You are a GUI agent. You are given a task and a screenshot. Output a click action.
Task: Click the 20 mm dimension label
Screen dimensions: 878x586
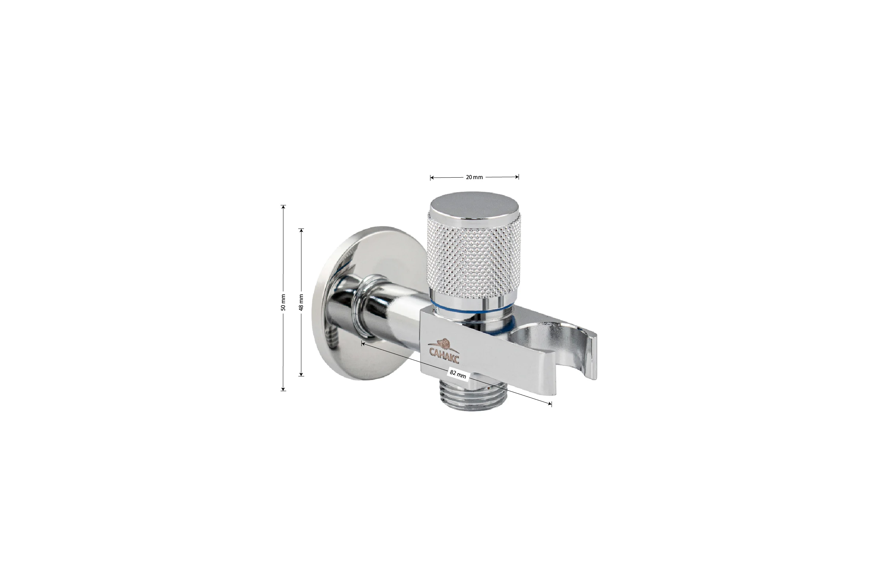point(474,177)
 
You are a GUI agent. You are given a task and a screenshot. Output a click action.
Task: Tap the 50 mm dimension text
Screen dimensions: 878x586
point(283,303)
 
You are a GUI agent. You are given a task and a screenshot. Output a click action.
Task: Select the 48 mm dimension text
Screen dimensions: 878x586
point(301,303)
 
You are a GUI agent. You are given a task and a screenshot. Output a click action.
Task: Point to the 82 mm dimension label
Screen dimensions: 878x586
point(458,374)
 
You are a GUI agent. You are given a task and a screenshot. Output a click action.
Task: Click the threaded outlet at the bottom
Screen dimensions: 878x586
point(472,396)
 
